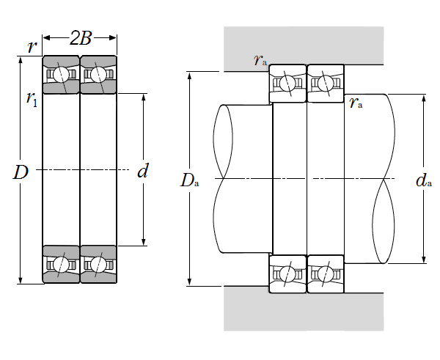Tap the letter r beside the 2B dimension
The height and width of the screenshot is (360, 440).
point(32,47)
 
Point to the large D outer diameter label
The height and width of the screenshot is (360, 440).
point(21,173)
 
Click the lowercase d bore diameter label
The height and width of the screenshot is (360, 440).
point(142,172)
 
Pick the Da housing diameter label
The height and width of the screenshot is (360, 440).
point(189,180)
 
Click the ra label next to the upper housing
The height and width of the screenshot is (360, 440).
point(260,60)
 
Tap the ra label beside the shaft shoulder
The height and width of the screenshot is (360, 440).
point(356,103)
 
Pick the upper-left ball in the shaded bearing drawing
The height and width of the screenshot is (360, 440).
point(62,75)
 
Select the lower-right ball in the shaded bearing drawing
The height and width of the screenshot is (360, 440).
point(98,264)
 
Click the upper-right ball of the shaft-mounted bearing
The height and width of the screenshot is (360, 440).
point(325,83)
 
